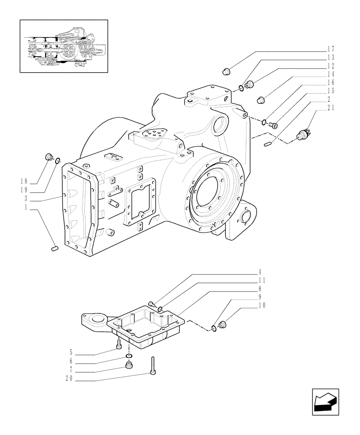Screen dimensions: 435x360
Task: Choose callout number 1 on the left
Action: point(26,208)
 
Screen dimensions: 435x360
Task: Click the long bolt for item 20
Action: point(153,365)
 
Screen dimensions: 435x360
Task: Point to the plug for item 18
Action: point(49,157)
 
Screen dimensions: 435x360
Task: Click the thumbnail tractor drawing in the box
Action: point(63,46)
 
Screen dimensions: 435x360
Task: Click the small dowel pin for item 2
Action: point(268,143)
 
